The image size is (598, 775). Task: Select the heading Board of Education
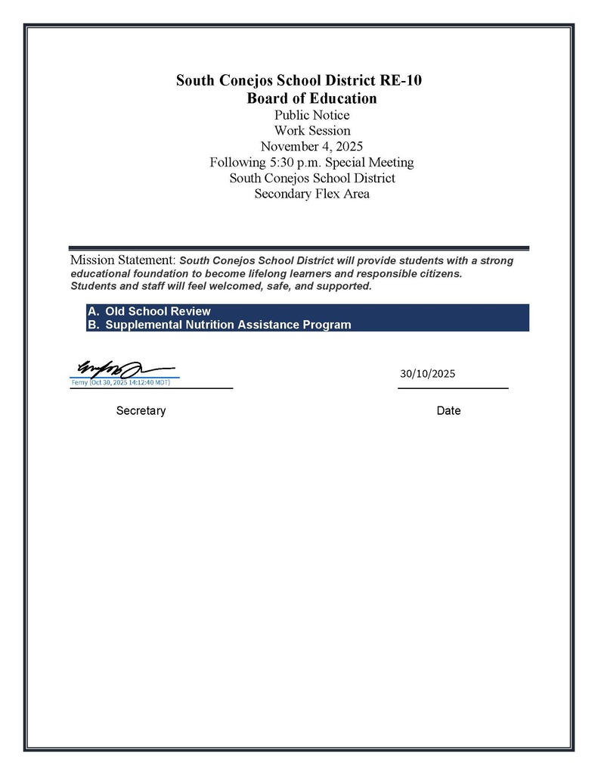click(311, 98)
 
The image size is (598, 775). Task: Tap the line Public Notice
click(311, 115)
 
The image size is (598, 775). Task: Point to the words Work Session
click(311, 131)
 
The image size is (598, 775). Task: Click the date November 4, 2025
click(311, 147)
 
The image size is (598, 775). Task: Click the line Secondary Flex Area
click(311, 194)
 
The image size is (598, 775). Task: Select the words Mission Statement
click(122, 260)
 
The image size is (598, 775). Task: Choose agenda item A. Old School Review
click(149, 311)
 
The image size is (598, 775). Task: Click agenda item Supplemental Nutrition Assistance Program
click(228, 325)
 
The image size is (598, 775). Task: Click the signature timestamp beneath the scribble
click(121, 382)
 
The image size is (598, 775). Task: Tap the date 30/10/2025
click(428, 374)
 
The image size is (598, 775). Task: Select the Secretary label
click(141, 411)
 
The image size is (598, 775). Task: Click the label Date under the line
click(448, 411)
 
